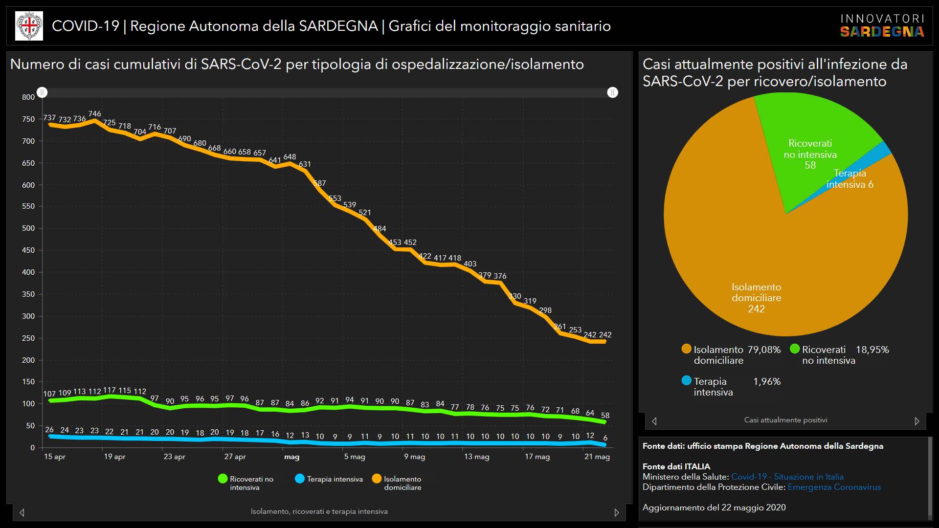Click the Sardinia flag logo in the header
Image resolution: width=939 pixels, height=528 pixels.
(29, 26)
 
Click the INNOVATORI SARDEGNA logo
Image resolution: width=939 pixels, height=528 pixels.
(882, 26)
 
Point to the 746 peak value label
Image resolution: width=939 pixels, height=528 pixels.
(94, 114)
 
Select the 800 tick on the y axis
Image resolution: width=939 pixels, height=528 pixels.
(28, 97)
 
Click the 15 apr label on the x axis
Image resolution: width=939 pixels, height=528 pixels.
(55, 457)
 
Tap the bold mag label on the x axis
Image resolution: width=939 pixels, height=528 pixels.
(291, 457)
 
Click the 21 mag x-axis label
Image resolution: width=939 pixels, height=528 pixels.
(597, 457)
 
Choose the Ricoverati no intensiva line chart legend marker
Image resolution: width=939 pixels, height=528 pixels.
(223, 479)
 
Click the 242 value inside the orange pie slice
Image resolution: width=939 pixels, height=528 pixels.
(756, 309)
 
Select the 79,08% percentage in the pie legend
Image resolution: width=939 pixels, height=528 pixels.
(764, 350)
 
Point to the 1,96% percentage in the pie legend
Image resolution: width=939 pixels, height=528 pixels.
(767, 381)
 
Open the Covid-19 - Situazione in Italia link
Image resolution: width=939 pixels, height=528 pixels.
(787, 477)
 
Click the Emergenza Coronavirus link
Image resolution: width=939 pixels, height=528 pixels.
(834, 487)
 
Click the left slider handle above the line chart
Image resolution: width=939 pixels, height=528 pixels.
(43, 92)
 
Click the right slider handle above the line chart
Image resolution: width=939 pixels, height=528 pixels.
(612, 92)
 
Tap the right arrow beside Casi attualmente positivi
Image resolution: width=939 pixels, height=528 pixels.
(917, 421)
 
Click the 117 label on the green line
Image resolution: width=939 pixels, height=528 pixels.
(110, 390)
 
